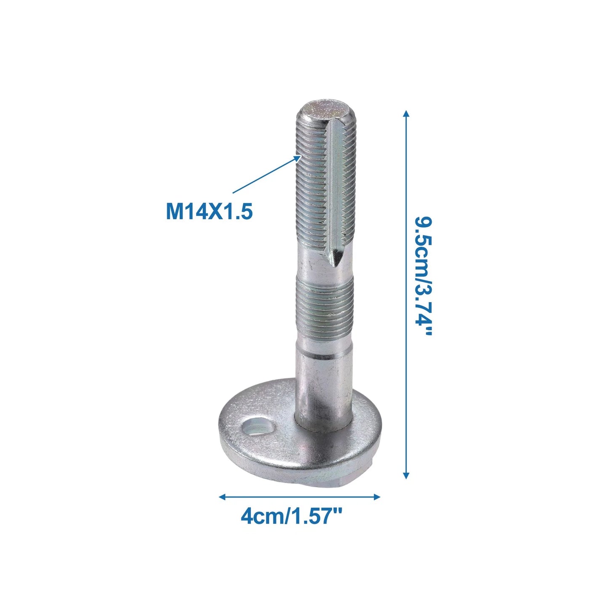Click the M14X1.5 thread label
209,211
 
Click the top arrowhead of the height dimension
406,114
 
